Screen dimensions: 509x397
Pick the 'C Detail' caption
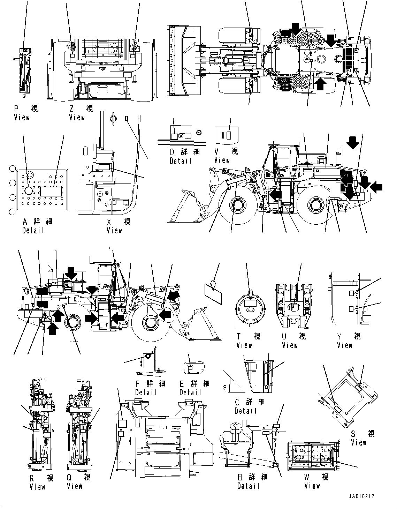pos(248,406)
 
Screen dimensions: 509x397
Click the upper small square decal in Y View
pos(352,293)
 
